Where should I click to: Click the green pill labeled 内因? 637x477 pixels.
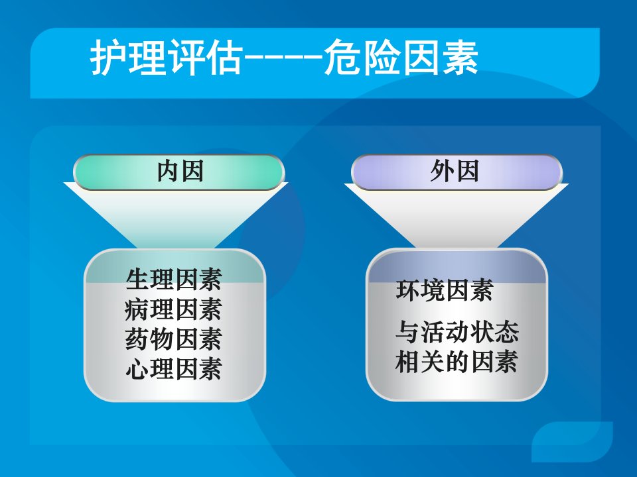click(x=178, y=172)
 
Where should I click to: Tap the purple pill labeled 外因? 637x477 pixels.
click(x=457, y=172)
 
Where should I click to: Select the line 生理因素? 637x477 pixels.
click(x=174, y=280)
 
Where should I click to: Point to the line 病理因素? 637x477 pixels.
click(x=174, y=309)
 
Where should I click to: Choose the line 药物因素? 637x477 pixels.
click(x=174, y=339)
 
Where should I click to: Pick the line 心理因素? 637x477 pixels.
click(x=174, y=369)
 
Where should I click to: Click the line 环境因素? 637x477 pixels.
click(x=445, y=290)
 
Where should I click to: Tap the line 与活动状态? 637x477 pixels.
click(x=457, y=332)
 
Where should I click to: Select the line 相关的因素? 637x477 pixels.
click(x=457, y=362)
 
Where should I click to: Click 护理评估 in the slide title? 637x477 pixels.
click(x=167, y=57)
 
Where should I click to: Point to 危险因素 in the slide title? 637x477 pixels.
click(x=401, y=57)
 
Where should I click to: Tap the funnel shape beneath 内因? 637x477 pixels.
click(x=175, y=215)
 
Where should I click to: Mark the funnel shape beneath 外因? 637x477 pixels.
click(x=457, y=215)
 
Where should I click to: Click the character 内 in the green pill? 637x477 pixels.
click(x=168, y=171)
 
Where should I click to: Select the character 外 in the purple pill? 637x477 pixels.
click(x=443, y=171)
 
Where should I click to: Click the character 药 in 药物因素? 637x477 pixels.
click(x=137, y=339)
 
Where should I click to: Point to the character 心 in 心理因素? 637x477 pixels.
click(x=137, y=369)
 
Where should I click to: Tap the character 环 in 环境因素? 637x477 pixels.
click(x=408, y=290)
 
